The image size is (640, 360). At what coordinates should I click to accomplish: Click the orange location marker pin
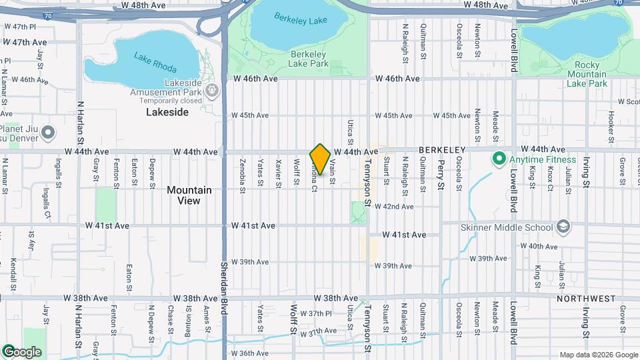point(320,159)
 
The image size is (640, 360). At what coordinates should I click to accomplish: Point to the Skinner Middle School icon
point(563,227)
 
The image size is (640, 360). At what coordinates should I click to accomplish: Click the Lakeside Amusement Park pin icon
point(213,91)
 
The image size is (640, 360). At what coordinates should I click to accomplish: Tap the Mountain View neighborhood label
point(189,195)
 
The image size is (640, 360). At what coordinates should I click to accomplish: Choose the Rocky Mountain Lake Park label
point(586,74)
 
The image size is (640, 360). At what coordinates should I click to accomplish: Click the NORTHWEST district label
point(586,299)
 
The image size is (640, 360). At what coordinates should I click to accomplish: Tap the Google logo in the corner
point(22,352)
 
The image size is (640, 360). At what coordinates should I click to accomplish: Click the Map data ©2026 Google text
point(598,355)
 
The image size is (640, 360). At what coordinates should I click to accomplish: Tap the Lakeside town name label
point(167,112)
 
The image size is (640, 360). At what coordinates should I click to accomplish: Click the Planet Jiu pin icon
point(47,133)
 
